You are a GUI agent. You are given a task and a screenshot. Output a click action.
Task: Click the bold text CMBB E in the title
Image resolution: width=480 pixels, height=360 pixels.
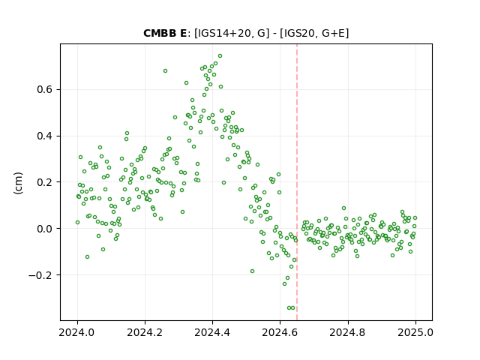[x=165, y=33]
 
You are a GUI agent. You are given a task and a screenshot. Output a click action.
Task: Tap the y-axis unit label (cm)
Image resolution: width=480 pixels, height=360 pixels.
[x=18, y=183]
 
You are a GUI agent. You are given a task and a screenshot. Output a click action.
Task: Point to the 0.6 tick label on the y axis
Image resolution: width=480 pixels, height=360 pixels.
[x=45, y=90]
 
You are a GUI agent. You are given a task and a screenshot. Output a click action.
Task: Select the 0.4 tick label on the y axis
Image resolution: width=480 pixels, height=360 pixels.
[x=45, y=136]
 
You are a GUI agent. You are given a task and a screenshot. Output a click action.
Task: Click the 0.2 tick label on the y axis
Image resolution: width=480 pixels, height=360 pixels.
[x=45, y=182]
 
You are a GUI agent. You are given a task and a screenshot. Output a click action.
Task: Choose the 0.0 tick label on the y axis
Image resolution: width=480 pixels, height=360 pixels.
[x=45, y=229]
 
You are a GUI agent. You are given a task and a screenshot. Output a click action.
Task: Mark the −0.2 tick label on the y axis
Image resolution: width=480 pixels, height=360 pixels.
[x=40, y=275]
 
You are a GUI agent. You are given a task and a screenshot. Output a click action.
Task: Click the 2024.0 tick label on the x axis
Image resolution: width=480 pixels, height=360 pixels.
[x=77, y=332]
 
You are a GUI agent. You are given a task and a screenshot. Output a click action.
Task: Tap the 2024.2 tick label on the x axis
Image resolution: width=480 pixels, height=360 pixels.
[x=145, y=332]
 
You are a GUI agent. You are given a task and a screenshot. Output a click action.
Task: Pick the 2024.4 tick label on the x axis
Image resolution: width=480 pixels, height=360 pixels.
[x=212, y=332]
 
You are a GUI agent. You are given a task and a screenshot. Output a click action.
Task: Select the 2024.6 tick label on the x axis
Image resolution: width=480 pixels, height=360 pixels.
[x=280, y=332]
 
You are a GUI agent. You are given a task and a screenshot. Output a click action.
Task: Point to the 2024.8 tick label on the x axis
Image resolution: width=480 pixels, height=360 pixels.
[x=348, y=332]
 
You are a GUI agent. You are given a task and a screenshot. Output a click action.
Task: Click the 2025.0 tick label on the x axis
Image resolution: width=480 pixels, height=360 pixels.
[x=415, y=332]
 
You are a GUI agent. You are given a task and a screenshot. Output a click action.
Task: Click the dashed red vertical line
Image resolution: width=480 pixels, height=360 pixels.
[x=297, y=182]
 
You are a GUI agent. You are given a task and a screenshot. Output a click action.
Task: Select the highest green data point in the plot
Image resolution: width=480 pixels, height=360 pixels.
[x=220, y=56]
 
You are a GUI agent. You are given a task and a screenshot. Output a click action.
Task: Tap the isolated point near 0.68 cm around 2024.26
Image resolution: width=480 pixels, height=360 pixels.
[x=165, y=71]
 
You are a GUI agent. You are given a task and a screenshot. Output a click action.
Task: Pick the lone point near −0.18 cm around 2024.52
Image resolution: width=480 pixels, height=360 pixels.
[x=252, y=271]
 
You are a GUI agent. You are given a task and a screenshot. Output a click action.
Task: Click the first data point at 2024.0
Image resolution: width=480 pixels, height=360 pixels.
[x=77, y=223]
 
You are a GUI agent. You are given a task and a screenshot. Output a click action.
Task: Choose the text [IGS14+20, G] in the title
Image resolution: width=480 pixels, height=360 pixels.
[x=232, y=33]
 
